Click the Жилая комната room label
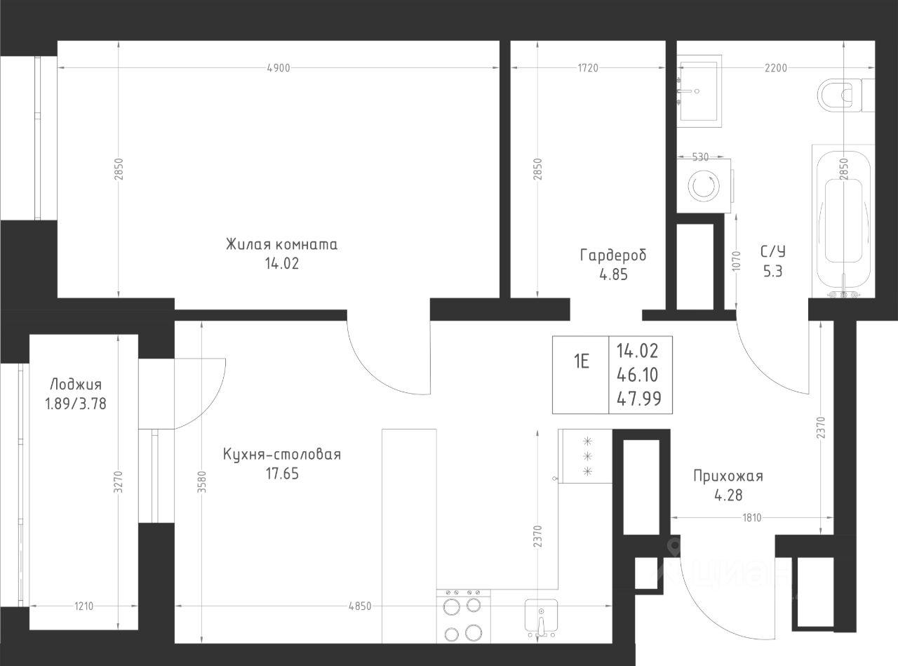[x=282, y=245]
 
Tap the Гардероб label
[x=613, y=255]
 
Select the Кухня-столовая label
[x=282, y=455]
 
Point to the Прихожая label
[x=728, y=476]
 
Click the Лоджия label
[x=76, y=385]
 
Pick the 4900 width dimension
[x=279, y=68]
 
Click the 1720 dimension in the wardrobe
[x=588, y=68]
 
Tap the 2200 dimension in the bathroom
[x=776, y=68]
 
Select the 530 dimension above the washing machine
[x=700, y=156]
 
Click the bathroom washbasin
[x=699, y=91]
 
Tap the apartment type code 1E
[x=581, y=361]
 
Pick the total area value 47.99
[x=639, y=399]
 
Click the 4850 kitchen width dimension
[x=360, y=606]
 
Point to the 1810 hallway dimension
[x=752, y=518]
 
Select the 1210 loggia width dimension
[x=83, y=606]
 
